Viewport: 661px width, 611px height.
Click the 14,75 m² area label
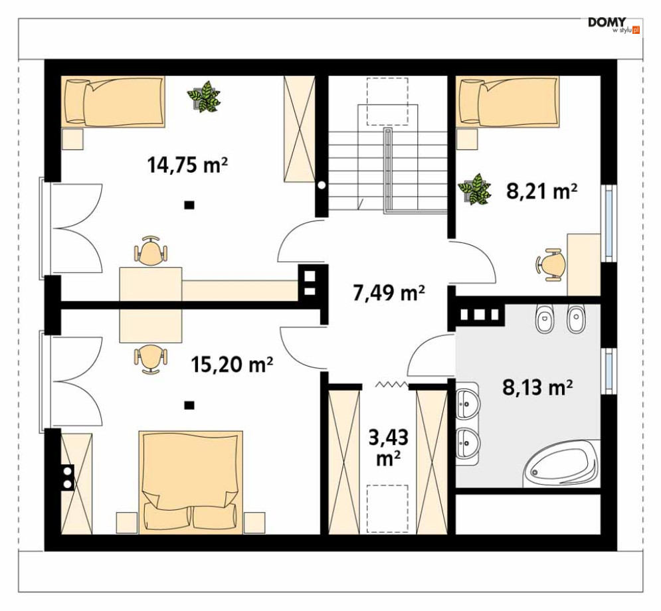tap(187, 164)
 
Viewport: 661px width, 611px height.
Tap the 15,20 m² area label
tap(232, 364)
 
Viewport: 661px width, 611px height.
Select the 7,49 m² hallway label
tap(389, 292)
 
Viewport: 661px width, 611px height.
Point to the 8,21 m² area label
tap(541, 191)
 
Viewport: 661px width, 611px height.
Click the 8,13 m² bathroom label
tap(537, 387)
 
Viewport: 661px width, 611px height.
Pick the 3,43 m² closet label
tap(388, 448)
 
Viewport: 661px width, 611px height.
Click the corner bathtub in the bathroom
tap(561, 464)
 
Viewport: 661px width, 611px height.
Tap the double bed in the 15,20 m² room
tap(191, 481)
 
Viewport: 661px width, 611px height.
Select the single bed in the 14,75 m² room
tap(112, 102)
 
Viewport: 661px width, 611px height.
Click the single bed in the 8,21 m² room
tap(508, 102)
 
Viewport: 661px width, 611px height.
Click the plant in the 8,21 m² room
tap(475, 189)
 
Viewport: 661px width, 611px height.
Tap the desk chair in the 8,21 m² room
tap(551, 264)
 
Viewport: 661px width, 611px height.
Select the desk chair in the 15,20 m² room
tap(151, 359)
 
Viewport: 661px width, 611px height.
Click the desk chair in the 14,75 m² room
tap(151, 251)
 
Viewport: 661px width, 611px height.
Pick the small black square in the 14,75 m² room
tap(189, 205)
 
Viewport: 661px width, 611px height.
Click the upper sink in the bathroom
tap(468, 403)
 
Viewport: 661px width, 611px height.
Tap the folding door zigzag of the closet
tap(392, 385)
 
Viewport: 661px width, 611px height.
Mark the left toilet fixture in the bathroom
tap(544, 318)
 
